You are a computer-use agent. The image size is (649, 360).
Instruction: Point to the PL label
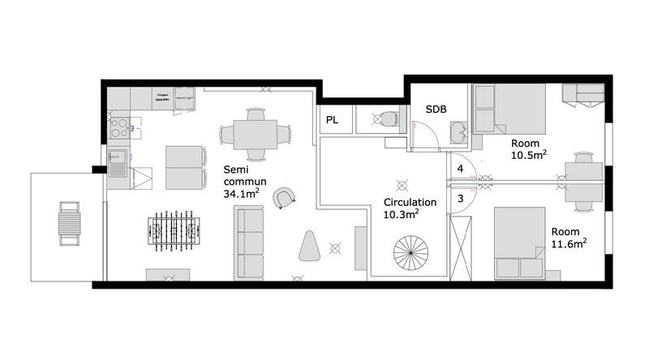coord(333,120)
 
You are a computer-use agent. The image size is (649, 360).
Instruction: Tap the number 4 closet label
coord(460,169)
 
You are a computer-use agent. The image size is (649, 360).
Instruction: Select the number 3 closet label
coord(460,198)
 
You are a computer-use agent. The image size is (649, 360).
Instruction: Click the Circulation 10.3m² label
coord(409,208)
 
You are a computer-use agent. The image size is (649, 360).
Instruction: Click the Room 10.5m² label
coord(527,149)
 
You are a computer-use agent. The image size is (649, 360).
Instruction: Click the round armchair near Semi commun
coord(284,196)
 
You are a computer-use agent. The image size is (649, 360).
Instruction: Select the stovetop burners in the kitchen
coord(120,128)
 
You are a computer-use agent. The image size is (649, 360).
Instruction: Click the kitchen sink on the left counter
coord(117,169)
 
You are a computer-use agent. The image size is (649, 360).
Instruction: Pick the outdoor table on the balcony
coord(69,221)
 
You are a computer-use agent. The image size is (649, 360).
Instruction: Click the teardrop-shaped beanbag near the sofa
coord(309,246)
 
